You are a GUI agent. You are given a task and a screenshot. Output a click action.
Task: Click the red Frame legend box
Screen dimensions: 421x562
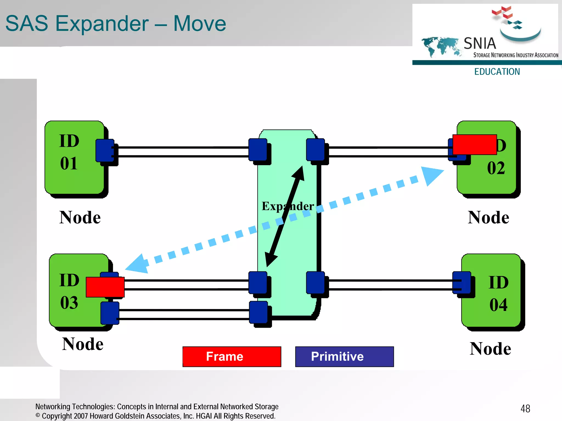click(x=232, y=357)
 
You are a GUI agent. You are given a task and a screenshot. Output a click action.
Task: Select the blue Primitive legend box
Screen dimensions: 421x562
click(x=344, y=357)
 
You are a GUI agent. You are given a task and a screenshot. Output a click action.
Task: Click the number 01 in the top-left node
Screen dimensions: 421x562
click(x=69, y=164)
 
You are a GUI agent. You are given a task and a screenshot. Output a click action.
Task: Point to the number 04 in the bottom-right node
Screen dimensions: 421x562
click(x=498, y=305)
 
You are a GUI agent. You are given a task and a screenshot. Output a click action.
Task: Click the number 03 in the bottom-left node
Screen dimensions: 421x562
click(x=69, y=303)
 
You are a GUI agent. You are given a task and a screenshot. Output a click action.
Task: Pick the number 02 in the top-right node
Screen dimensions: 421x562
click(x=496, y=168)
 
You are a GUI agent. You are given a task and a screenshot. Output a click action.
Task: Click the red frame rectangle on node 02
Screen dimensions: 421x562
click(x=474, y=145)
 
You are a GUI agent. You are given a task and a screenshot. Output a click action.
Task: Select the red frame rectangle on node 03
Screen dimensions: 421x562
click(x=105, y=287)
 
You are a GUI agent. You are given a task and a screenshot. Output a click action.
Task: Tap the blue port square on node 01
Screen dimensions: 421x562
click(x=105, y=150)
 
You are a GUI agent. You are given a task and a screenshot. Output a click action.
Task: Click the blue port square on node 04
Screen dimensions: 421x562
click(x=462, y=283)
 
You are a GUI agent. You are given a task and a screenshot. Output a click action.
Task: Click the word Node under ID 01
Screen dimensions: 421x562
click(x=80, y=218)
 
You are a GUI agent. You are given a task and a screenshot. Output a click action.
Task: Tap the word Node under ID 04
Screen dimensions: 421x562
click(x=490, y=349)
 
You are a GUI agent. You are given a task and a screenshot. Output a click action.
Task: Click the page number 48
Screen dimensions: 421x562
click(x=525, y=409)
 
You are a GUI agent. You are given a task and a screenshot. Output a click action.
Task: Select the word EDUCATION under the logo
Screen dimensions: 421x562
click(x=497, y=72)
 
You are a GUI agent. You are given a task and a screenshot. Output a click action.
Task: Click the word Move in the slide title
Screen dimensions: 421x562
click(x=199, y=24)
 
